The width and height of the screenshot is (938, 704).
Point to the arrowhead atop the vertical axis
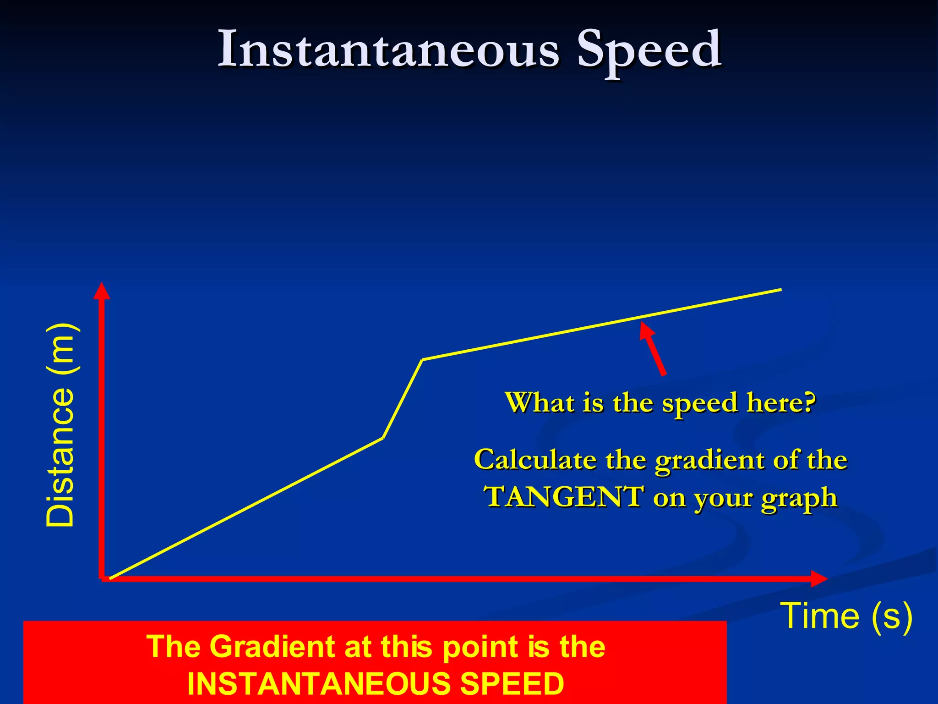[101, 291]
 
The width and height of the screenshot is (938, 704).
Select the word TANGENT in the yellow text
[565, 497]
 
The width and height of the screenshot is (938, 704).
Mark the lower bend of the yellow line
[383, 438]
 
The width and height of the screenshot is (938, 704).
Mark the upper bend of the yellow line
[422, 360]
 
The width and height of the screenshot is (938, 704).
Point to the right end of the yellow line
[780, 289]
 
